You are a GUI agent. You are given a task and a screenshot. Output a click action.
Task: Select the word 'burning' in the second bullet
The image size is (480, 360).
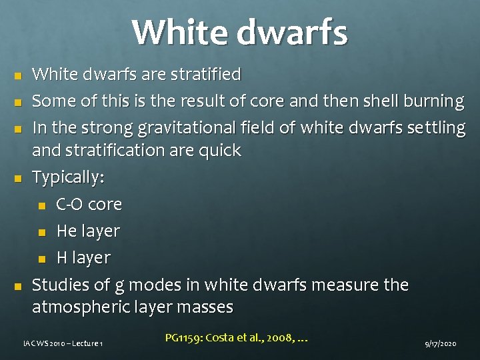(431, 101)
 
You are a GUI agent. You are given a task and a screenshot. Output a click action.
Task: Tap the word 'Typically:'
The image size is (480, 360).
(69, 178)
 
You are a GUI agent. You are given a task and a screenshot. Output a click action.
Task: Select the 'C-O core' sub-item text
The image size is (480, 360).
(89, 204)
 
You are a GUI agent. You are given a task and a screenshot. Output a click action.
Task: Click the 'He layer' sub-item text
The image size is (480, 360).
(88, 231)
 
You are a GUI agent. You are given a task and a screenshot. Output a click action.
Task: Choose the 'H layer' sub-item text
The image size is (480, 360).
(83, 257)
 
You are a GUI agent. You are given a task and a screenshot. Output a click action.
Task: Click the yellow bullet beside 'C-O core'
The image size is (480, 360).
(42, 205)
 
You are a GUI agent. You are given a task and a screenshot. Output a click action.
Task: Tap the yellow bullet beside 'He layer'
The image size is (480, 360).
(42, 232)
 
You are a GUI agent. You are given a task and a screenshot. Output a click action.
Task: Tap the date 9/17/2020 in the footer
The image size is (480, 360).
(441, 343)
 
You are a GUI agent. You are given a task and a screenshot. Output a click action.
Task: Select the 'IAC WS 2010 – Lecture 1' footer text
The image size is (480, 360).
(63, 343)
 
